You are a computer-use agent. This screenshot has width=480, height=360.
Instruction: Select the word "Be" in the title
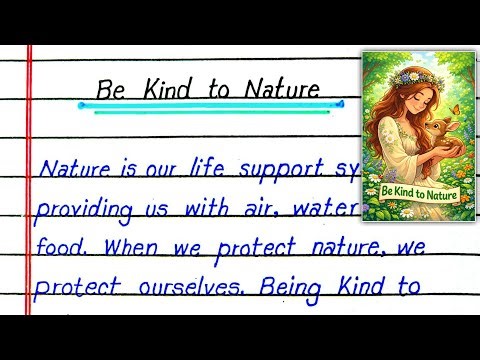tap(111, 89)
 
